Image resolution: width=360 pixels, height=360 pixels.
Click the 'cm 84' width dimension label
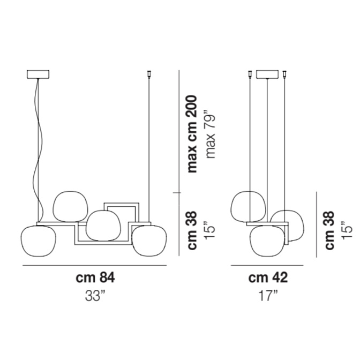(95, 277)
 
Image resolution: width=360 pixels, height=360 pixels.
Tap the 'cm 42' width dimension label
(268, 277)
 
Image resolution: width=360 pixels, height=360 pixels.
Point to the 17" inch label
(268, 296)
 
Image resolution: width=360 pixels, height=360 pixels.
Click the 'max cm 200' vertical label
(192, 134)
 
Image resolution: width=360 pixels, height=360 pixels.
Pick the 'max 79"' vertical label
(211, 134)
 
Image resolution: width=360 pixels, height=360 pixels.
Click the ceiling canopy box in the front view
(38, 74)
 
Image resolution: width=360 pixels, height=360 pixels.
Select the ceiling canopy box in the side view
(267, 74)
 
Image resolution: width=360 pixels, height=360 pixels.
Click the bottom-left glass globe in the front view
(39, 241)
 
